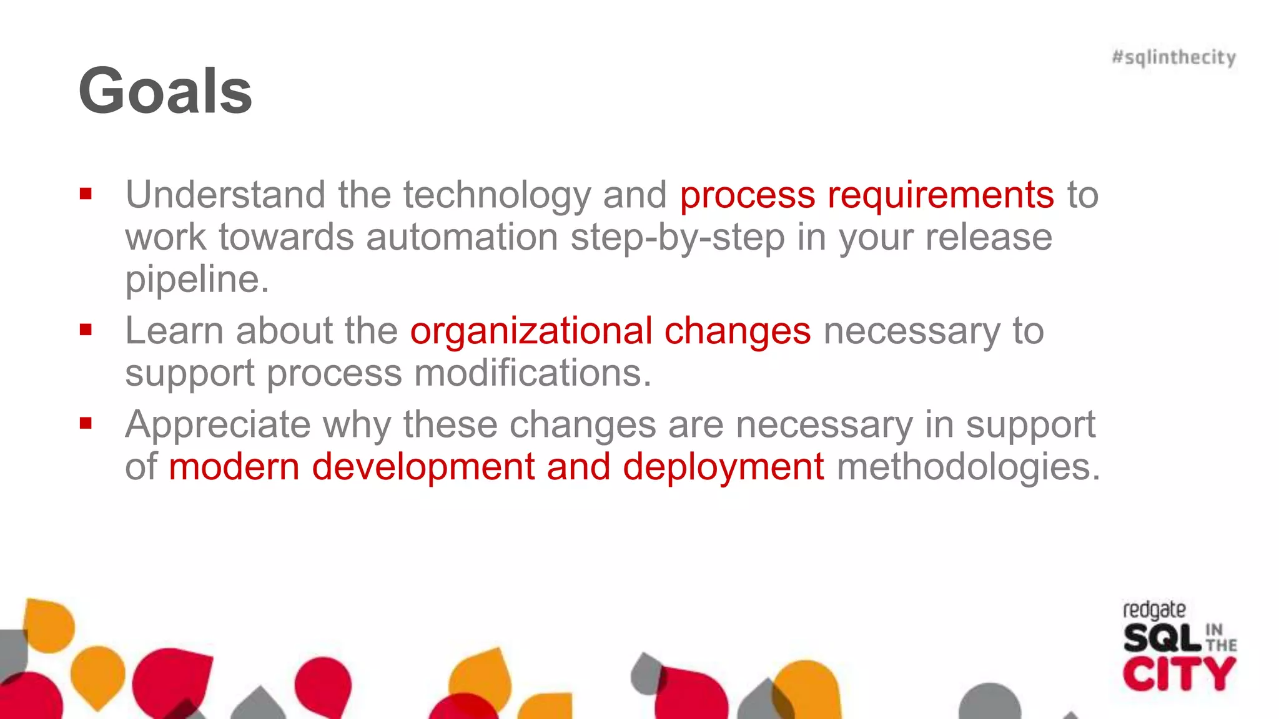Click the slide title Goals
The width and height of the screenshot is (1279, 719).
[x=165, y=91]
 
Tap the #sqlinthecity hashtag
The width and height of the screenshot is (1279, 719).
[x=1173, y=57]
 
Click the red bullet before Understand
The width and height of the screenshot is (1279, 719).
[x=86, y=194]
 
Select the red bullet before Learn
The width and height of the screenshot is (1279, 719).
[x=86, y=330]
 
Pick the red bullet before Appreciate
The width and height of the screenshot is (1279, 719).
[x=86, y=424]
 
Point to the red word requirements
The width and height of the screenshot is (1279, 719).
[x=941, y=195]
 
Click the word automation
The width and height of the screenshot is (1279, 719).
[x=462, y=237]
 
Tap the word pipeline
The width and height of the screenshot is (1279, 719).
[x=197, y=280]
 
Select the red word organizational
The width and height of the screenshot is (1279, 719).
[x=531, y=331]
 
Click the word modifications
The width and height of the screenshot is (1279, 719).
[x=533, y=373]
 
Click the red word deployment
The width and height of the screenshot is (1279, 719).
[x=723, y=467]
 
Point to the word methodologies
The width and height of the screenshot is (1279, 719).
[x=968, y=467]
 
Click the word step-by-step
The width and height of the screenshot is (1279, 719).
[x=678, y=238]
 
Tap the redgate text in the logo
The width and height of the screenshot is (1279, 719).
[x=1154, y=610]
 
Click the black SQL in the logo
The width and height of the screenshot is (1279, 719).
[x=1162, y=638]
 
